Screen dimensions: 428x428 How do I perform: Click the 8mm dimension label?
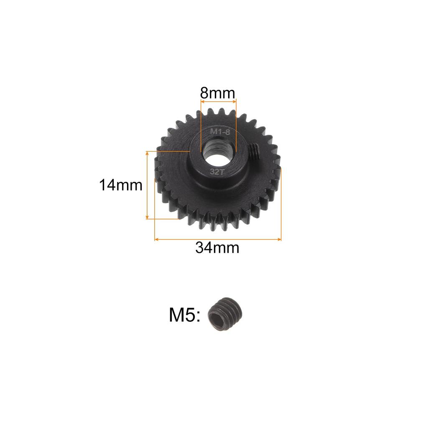tap(218, 92)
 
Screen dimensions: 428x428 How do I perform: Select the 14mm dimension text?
tap(121, 185)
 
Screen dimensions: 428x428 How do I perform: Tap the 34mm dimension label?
tap(217, 248)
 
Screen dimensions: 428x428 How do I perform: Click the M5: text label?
tap(185, 315)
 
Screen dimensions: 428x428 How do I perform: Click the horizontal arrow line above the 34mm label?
tap(217, 239)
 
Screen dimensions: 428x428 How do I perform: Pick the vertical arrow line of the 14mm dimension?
tap(147, 185)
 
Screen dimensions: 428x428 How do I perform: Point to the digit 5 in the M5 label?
tap(191, 315)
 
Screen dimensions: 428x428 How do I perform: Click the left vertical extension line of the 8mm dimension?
tap(201, 125)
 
